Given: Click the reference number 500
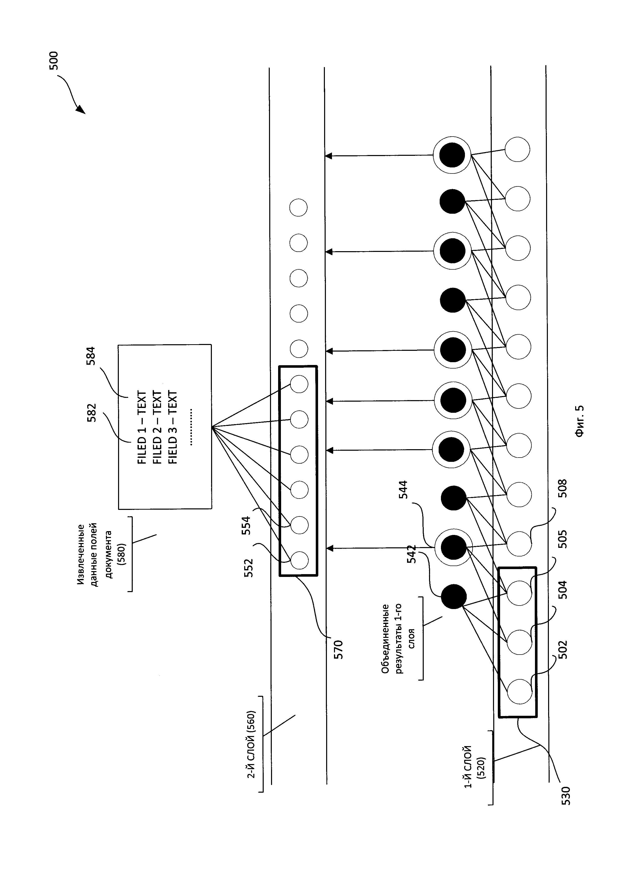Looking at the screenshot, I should coord(53,60).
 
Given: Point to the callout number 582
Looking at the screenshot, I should coord(92,412).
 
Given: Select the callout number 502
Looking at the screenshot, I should coord(563,650).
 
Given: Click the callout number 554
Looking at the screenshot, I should coord(246,525).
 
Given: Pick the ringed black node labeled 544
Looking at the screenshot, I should coord(453,547).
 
